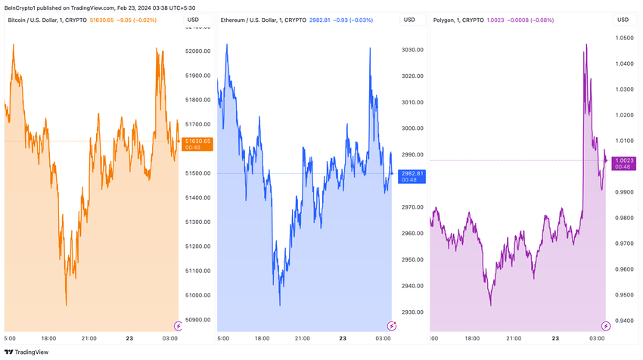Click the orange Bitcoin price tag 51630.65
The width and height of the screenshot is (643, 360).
click(197, 141)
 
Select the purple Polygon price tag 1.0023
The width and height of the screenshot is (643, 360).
click(623, 160)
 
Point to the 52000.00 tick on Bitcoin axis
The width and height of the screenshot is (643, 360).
click(197, 51)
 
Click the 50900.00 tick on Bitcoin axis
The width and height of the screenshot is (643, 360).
click(197, 320)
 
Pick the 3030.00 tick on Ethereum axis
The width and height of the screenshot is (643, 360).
click(412, 50)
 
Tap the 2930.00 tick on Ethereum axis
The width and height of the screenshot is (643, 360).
click(412, 312)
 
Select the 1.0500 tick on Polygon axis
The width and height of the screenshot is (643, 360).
click(624, 38)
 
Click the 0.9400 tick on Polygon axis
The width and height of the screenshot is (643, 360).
click(624, 321)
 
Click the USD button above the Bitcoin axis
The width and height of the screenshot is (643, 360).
click(193, 20)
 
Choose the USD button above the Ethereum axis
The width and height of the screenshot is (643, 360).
click(409, 20)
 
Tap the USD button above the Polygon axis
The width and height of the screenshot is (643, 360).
click(623, 20)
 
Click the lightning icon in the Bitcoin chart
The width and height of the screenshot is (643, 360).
click(178, 326)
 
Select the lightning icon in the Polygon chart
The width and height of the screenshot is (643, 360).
click(606, 326)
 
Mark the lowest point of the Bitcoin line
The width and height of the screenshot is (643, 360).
click(67, 306)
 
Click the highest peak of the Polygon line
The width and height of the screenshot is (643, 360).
click(586, 45)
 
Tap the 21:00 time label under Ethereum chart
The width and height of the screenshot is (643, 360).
click(302, 338)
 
